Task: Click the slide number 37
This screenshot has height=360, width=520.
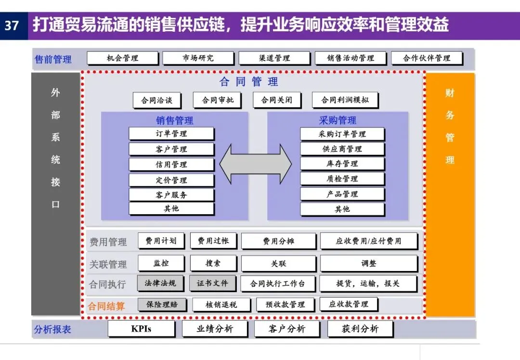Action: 12,25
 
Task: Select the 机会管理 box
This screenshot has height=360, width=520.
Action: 122,58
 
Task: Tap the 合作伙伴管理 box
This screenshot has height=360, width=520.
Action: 427,58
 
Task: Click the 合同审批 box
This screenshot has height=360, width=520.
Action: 217,100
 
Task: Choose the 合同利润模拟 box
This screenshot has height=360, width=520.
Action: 345,100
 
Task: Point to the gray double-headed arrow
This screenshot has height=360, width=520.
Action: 256,164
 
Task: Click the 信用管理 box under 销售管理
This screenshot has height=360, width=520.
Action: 171,165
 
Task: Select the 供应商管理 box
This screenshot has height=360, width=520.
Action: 342,149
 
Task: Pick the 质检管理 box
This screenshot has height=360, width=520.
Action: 342,179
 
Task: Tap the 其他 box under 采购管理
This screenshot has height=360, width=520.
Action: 342,209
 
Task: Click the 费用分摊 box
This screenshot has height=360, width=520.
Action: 278,241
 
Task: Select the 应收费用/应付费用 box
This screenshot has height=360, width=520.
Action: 368,241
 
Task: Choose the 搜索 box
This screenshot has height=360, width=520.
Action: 213,263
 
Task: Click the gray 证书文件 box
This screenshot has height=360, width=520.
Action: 212,283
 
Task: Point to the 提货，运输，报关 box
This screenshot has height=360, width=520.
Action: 368,283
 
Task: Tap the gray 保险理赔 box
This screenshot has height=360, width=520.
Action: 162,305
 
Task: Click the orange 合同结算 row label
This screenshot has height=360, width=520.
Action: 106,306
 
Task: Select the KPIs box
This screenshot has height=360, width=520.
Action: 141,329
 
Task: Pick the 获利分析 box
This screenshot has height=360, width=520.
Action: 360,329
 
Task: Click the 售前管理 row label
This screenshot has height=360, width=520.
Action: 53,59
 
